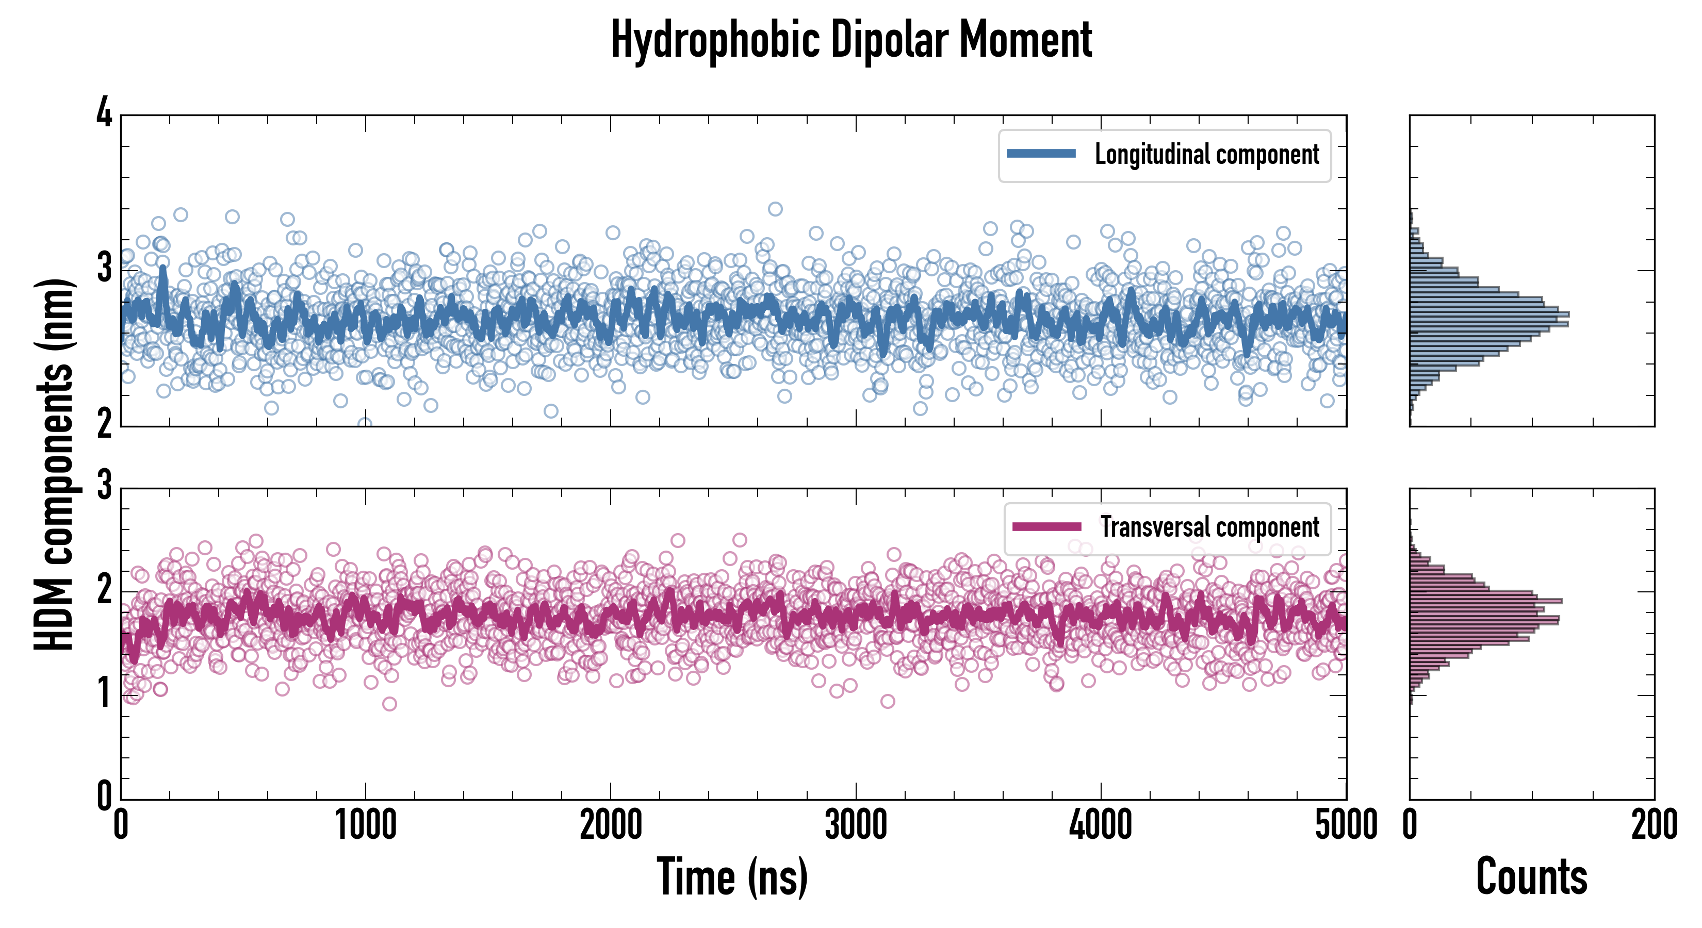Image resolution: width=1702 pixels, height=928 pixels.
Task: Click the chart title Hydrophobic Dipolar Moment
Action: [851, 40]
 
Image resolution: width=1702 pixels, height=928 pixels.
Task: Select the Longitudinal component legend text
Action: [1206, 155]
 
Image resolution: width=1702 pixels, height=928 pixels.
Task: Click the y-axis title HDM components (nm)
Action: [54, 462]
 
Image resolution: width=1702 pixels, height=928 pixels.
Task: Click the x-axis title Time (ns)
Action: [732, 877]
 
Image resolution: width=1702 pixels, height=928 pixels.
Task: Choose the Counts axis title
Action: [1531, 877]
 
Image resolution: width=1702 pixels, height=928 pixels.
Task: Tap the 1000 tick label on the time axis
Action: [365, 825]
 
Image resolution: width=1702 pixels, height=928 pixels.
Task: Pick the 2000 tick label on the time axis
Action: [611, 825]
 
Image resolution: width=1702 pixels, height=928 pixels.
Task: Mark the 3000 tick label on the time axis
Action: [856, 825]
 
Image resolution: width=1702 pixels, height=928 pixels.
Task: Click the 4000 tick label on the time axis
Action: [1101, 825]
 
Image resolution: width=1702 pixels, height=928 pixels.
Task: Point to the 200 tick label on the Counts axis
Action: [1654, 825]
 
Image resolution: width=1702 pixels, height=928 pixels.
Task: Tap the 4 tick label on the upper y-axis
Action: [104, 113]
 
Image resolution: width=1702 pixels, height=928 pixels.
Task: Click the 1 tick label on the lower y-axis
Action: [104, 694]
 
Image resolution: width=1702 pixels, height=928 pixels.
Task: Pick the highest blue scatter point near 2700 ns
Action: [775, 209]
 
